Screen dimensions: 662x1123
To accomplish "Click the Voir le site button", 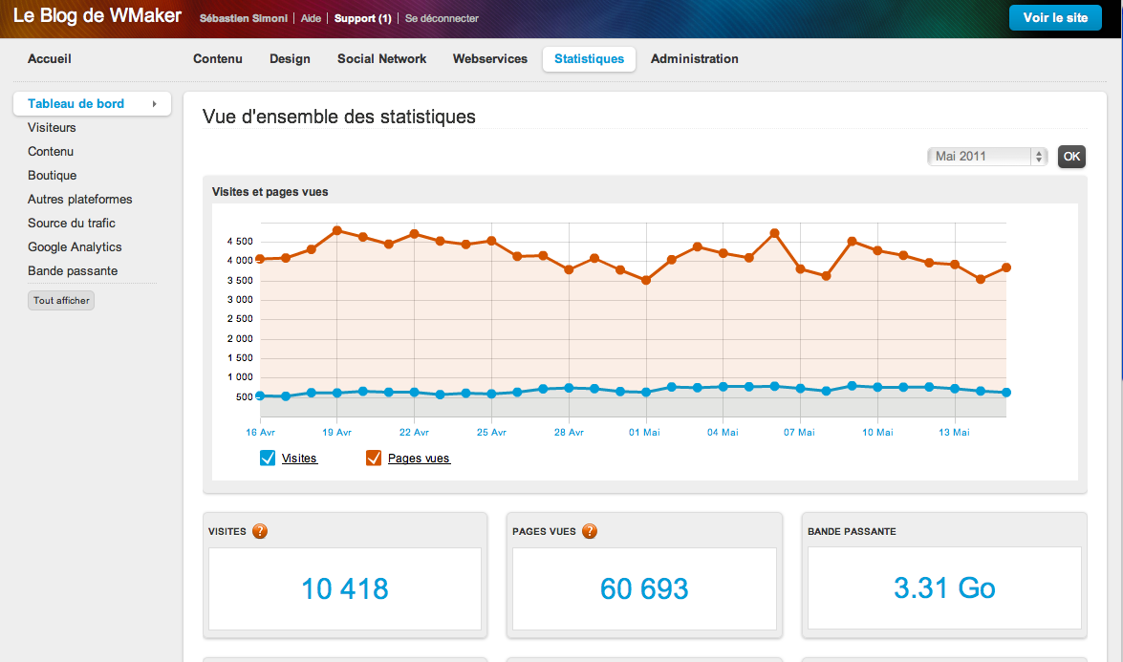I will (x=1055, y=18).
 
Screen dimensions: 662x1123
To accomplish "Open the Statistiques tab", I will (x=589, y=59).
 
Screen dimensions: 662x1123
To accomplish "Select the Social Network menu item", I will (x=381, y=59).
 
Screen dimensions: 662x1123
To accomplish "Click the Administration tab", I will (x=694, y=59).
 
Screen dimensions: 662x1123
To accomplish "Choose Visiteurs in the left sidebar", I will (x=52, y=128).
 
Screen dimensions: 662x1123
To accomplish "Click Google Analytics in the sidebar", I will (x=75, y=247).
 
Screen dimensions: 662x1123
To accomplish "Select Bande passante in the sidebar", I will (x=73, y=271).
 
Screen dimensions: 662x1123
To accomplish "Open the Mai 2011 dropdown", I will (x=986, y=157).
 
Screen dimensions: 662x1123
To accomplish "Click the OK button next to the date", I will (x=1071, y=157).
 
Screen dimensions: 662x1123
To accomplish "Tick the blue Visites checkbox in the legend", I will (x=268, y=459).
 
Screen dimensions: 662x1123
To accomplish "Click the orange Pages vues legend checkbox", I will (x=374, y=459).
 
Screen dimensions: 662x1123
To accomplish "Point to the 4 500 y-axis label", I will (x=239, y=242).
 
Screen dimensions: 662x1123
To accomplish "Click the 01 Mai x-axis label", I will (x=645, y=433).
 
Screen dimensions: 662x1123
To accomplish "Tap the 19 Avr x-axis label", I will (x=336, y=433).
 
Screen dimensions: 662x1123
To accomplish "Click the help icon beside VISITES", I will (x=260, y=531).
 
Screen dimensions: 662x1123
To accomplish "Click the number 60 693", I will (x=644, y=589).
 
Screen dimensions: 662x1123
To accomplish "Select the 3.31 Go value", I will (x=944, y=589).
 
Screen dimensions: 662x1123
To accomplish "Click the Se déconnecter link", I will (x=442, y=19).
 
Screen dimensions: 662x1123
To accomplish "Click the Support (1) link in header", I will (x=362, y=19).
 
